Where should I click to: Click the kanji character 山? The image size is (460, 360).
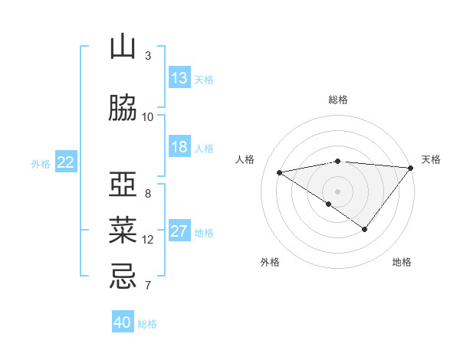[123, 48]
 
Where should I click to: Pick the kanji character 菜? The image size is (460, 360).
[123, 229]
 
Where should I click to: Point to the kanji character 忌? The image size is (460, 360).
[123, 275]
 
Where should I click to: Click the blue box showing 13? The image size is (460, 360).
[179, 78]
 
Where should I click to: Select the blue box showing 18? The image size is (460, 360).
[179, 147]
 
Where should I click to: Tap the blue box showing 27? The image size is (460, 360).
[179, 231]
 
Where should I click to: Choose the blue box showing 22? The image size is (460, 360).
[66, 162]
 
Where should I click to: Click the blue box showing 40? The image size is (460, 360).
[123, 322]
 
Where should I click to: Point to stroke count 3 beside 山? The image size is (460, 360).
[148, 56]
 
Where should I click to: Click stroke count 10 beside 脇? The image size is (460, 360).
[148, 116]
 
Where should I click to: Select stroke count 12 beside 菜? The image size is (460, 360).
[148, 240]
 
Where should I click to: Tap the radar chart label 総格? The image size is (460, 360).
[338, 100]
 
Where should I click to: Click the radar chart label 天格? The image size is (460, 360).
[431, 159]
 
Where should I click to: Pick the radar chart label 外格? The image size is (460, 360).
[270, 263]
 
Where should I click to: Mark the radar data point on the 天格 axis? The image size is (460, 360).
[410, 167]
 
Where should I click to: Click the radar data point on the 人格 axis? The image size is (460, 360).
[280, 172]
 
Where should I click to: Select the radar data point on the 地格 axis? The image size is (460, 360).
[365, 229]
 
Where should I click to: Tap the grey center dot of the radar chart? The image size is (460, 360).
[337, 191]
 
